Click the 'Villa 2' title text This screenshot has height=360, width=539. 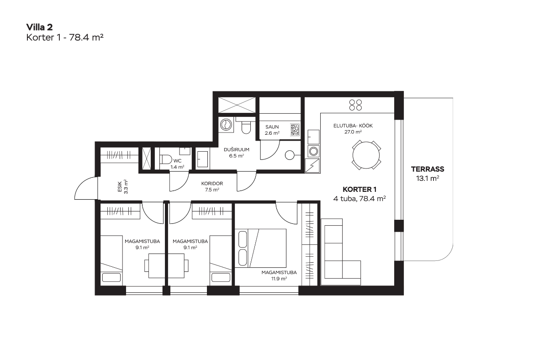point(40,27)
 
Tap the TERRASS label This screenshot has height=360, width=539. point(428,169)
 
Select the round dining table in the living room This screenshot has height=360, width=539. point(366,155)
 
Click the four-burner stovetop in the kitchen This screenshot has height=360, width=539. point(355,105)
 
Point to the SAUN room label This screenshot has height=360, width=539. point(272,127)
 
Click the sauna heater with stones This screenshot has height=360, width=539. point(295,130)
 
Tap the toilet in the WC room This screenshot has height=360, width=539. point(166,159)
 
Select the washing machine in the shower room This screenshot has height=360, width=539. point(226,124)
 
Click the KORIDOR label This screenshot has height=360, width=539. point(212,184)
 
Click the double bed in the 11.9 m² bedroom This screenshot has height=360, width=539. point(260,248)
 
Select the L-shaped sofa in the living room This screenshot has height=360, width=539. point(340,252)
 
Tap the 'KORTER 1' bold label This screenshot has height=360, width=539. point(359,190)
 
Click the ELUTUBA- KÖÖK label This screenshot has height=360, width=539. point(353,126)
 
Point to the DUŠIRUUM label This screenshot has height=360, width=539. point(237,149)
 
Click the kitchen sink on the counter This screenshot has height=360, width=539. point(313,137)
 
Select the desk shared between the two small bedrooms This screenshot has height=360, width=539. point(166,265)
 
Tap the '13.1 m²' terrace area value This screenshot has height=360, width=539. point(428,179)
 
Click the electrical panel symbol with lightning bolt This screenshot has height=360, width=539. point(312,165)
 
